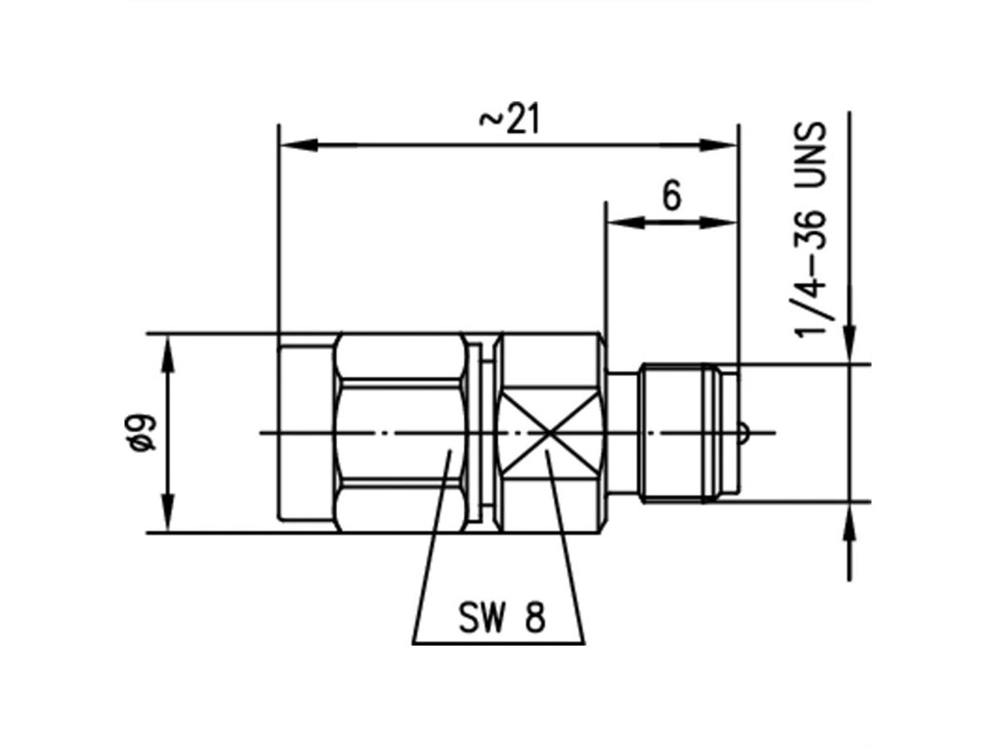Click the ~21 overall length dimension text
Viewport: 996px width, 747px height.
[x=509, y=120]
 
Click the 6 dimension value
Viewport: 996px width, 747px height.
[x=671, y=197]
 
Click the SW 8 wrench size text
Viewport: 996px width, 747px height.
[x=500, y=619]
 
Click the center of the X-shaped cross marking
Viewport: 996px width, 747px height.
[x=547, y=432]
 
